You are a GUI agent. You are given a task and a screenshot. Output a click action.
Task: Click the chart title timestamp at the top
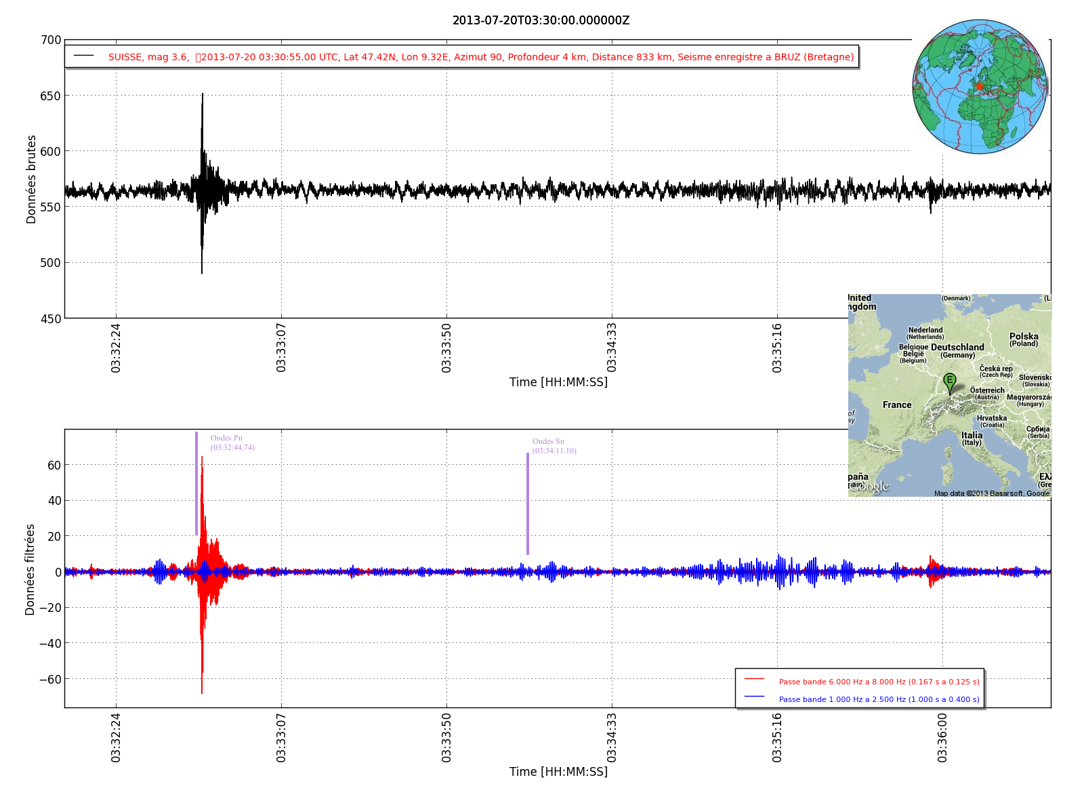(x=541, y=20)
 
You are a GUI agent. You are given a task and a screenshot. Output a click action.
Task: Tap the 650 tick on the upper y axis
(x=51, y=96)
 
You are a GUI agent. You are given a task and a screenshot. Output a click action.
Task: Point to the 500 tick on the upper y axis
(x=51, y=263)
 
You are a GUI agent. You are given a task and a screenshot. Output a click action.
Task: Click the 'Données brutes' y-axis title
(x=31, y=180)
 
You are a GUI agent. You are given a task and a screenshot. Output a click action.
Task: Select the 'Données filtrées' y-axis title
(x=30, y=569)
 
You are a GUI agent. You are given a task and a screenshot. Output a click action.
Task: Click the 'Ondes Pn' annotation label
(x=226, y=438)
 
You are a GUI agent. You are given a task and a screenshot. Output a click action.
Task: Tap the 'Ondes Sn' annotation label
(x=548, y=442)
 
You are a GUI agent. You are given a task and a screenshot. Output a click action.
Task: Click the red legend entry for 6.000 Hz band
(x=879, y=682)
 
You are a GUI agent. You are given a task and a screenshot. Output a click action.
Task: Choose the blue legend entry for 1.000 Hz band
(x=879, y=699)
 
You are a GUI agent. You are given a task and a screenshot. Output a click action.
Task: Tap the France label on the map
(x=897, y=405)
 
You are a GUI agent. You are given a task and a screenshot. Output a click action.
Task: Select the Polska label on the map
(x=1024, y=337)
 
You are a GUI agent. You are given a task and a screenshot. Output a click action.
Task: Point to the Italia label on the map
(x=972, y=436)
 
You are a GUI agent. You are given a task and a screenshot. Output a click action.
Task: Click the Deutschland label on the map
(x=957, y=348)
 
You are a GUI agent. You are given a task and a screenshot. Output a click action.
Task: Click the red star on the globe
(x=979, y=86)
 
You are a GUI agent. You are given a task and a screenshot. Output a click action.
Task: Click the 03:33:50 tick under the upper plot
(x=446, y=348)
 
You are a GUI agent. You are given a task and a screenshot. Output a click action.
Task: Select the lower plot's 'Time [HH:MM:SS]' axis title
(x=558, y=772)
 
